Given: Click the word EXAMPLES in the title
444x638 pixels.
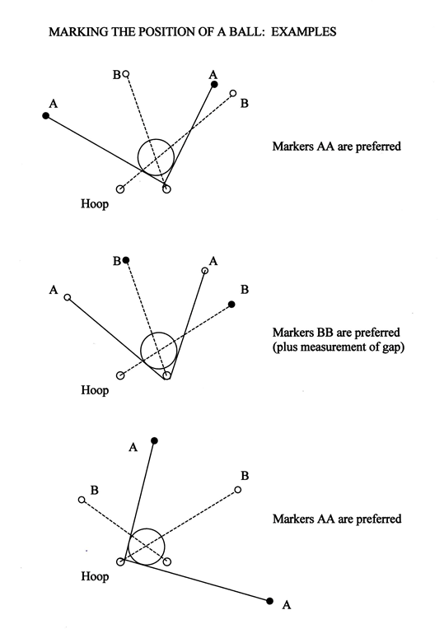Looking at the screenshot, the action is (x=304, y=32).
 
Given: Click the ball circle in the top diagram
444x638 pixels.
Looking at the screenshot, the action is (x=138, y=156).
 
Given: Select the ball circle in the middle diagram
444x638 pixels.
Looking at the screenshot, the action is (x=141, y=351).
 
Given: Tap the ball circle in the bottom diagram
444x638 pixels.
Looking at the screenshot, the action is (x=129, y=547).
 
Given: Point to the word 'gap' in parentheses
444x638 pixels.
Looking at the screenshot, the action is (x=394, y=348).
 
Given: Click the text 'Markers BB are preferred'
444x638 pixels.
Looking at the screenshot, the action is (x=336, y=333).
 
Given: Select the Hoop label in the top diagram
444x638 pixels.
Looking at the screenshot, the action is (x=95, y=203).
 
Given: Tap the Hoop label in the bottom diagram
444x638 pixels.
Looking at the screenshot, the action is (x=95, y=576).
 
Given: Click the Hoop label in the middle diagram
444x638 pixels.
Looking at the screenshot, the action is (x=95, y=390).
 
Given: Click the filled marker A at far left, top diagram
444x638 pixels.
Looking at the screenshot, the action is (x=46, y=116).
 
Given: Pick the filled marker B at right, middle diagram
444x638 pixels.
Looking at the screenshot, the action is (x=231, y=305).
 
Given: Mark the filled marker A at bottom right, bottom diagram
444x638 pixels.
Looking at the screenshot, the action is (x=269, y=601).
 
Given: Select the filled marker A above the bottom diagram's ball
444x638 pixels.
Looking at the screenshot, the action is (x=154, y=440).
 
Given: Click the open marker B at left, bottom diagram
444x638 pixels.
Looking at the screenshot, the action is (x=82, y=500).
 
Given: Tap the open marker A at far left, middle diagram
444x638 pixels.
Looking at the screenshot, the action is (x=68, y=297).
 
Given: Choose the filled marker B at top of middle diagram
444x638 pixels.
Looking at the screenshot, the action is (x=126, y=259).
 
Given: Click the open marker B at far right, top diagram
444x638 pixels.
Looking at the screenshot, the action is (x=233, y=93).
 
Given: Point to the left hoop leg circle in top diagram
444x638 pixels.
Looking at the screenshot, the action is (x=120, y=189).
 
